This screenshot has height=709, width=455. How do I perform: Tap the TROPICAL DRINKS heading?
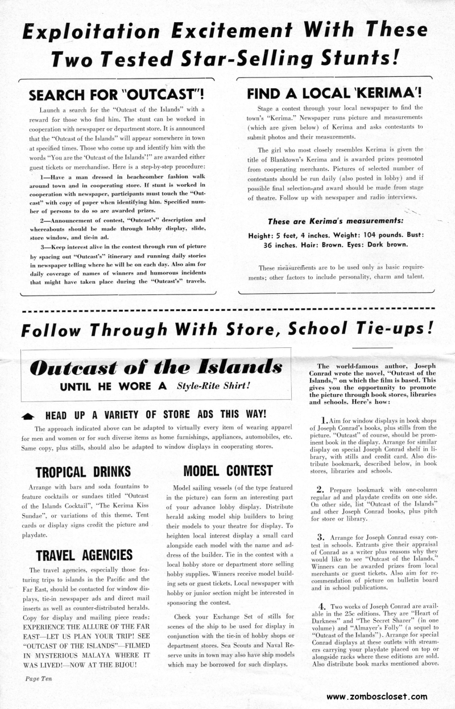click(x=83, y=471)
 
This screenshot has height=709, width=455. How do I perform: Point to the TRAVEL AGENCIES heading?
click(x=84, y=554)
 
